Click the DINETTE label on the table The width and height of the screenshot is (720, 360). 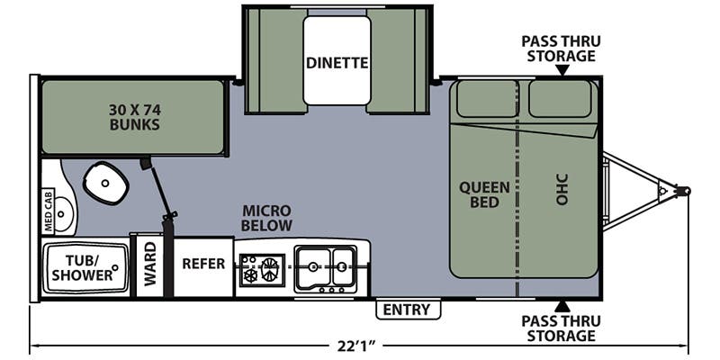click(x=337, y=63)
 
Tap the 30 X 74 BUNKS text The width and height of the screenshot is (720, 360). click(x=134, y=117)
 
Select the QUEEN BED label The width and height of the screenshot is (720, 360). click(x=484, y=194)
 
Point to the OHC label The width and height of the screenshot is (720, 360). click(x=562, y=189)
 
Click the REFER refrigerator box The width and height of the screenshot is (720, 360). click(x=203, y=266)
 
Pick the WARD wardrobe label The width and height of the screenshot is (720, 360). click(x=150, y=264)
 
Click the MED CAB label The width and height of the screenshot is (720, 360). click(x=49, y=211)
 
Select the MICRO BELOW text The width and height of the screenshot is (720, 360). click(x=266, y=218)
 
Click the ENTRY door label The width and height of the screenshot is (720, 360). click(x=408, y=310)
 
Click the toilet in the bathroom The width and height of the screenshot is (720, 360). click(x=105, y=183)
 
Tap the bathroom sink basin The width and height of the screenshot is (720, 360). click(x=63, y=214)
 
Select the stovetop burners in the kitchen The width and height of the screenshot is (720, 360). click(x=261, y=269)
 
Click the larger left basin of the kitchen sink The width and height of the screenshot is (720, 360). click(x=313, y=266)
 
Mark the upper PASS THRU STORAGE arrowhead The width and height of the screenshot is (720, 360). click(x=562, y=70)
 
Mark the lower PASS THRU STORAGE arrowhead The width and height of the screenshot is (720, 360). click(x=562, y=307)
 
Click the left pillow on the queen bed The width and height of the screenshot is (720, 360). click(x=487, y=99)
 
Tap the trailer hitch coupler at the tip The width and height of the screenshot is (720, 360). click(x=683, y=191)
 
